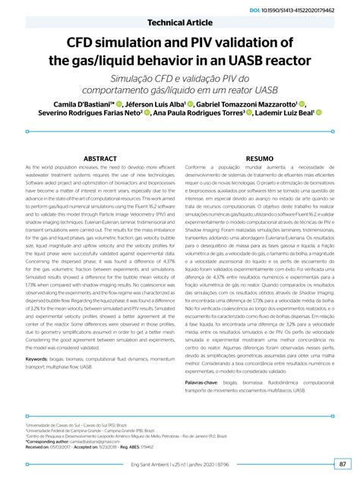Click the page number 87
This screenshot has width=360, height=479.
(x=343, y=464)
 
